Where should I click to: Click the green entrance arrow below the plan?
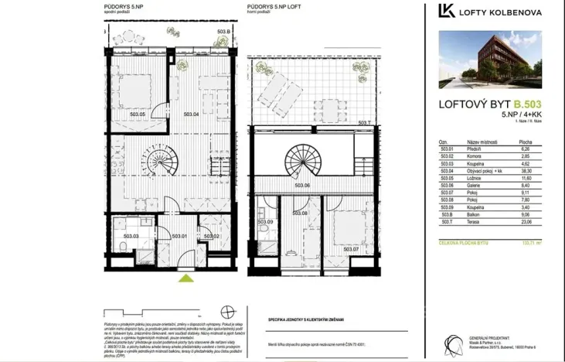click(x=185, y=278)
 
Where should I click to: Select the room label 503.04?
click(x=192, y=114)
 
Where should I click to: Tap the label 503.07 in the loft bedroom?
click(x=352, y=249)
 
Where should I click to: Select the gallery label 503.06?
click(x=303, y=186)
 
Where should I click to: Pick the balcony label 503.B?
click(x=223, y=32)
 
